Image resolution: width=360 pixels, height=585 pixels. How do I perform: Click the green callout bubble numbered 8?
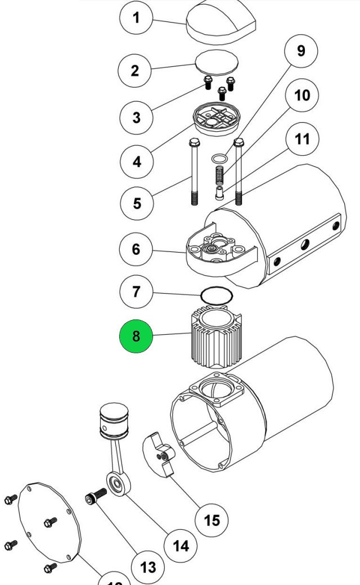[136, 336]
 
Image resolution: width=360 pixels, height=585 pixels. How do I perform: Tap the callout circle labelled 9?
[301, 50]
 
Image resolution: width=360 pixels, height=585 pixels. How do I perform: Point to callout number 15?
[211, 520]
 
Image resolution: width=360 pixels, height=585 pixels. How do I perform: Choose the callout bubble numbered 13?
[148, 566]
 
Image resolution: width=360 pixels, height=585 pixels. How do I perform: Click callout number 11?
[303, 138]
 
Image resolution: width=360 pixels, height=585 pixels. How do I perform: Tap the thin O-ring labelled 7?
[215, 295]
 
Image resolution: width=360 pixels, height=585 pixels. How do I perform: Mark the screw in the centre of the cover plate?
[49, 523]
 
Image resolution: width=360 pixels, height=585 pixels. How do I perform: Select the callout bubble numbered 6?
[136, 249]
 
